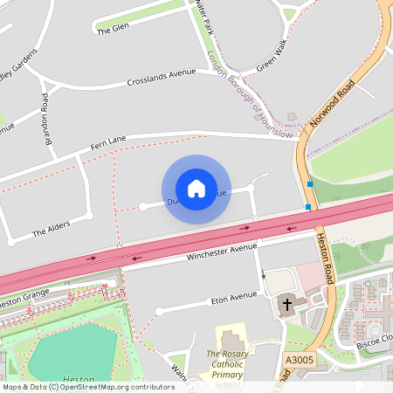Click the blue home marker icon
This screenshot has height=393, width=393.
(x=196, y=189)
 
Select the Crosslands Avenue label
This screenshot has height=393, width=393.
(x=162, y=78)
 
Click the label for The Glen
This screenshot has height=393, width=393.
(x=113, y=29)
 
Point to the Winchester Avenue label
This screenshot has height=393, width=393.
(x=222, y=253)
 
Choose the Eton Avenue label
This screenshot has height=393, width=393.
(x=234, y=297)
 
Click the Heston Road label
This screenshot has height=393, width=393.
(x=324, y=258)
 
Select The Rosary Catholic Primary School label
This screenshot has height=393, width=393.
(x=228, y=368)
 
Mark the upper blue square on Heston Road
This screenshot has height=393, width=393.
(x=310, y=183)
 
